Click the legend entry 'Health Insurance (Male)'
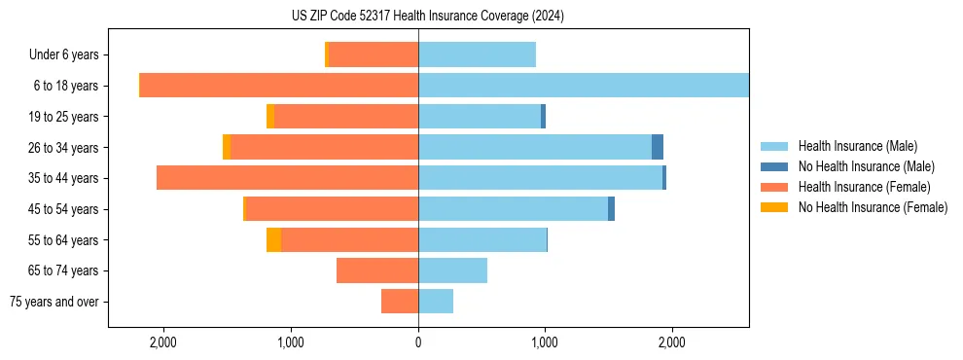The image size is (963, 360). pos(856,146)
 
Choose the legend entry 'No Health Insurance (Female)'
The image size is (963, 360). pos(873,207)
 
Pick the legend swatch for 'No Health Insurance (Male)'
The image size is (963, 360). pos(774,166)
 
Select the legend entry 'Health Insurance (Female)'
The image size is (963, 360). pos(864,187)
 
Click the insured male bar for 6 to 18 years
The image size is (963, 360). pos(584,86)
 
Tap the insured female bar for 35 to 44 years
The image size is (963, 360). pos(287,178)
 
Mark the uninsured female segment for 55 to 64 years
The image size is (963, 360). pos(273,239)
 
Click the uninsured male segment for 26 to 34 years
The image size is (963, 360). pos(658,147)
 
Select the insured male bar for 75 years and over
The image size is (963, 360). pos(436,302)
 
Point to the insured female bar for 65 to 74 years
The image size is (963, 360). pos(377,270)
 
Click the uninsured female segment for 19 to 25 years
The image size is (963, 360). pos(270,117)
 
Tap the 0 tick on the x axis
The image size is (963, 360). pos(418,342)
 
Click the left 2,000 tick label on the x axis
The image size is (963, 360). pos(162,342)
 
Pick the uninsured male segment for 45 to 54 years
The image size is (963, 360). pos(611,209)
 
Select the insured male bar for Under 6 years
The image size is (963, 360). pos(477,55)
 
